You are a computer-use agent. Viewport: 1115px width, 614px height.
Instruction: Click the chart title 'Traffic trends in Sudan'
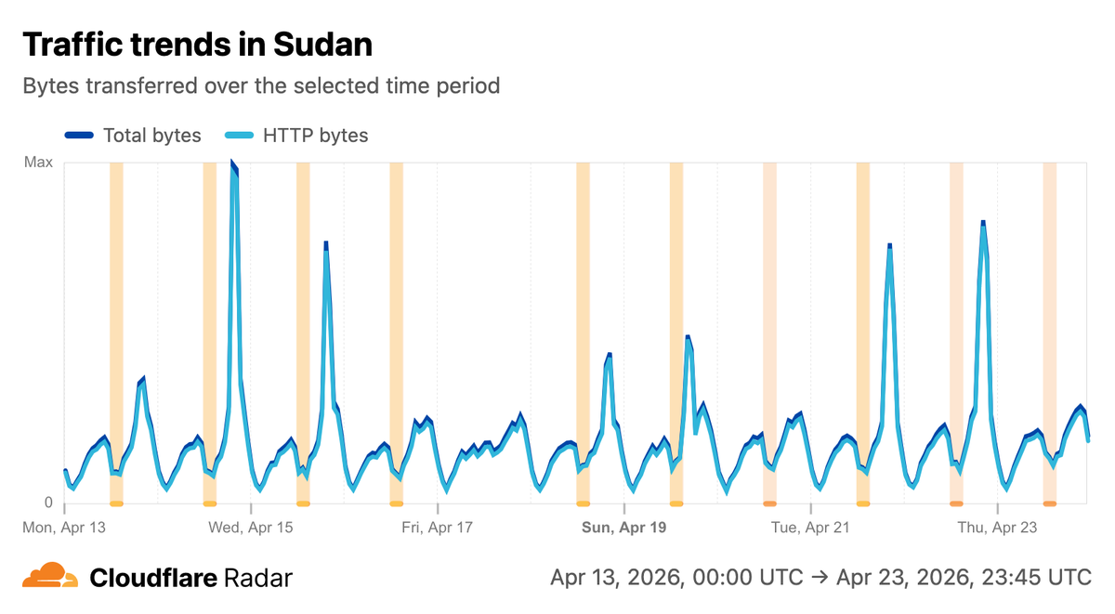click(x=197, y=44)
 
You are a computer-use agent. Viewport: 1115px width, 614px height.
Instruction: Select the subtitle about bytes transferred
click(x=261, y=86)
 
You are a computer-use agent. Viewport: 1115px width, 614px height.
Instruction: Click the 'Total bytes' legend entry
click(x=151, y=136)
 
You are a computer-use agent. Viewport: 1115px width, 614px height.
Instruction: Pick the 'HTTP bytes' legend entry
click(x=316, y=136)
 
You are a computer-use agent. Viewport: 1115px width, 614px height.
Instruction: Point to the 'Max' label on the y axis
click(x=38, y=163)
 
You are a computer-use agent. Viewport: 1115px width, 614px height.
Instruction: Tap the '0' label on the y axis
click(x=48, y=503)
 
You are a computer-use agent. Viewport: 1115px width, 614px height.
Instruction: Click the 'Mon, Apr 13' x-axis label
click(x=64, y=528)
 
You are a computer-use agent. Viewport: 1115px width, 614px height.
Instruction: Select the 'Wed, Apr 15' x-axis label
click(x=251, y=528)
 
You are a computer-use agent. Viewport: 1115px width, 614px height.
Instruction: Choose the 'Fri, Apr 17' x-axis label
click(x=438, y=528)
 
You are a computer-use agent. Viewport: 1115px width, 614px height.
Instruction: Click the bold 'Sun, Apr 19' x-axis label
click(x=624, y=528)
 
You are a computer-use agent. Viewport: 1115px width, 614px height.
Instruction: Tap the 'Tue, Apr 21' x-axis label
click(x=811, y=528)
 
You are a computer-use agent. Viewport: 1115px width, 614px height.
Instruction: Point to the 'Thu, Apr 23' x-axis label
click(x=997, y=528)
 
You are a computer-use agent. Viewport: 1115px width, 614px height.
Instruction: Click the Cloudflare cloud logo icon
click(x=50, y=577)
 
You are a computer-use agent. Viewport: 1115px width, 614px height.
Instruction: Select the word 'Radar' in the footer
click(x=258, y=578)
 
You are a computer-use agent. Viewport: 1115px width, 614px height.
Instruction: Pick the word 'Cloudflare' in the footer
click(x=154, y=578)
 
